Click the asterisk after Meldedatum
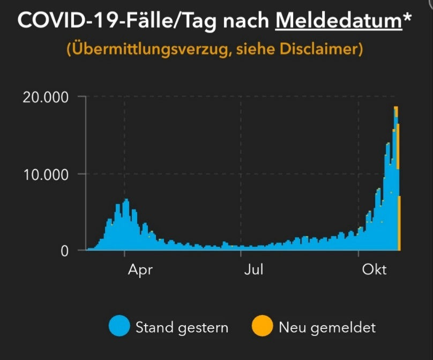pyautogui.click(x=408, y=17)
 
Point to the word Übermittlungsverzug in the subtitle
pyautogui.click(x=140, y=50)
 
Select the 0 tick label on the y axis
pyautogui.click(x=65, y=251)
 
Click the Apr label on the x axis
pyautogui.click(x=140, y=270)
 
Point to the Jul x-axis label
pyautogui.click(x=253, y=270)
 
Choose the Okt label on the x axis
pyautogui.click(x=374, y=270)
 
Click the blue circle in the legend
pyautogui.click(x=119, y=327)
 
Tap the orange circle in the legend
pyautogui.click(x=262, y=327)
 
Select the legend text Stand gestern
pyautogui.click(x=182, y=327)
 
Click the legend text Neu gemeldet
pyautogui.click(x=327, y=327)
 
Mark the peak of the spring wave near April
pyautogui.click(x=126, y=201)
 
